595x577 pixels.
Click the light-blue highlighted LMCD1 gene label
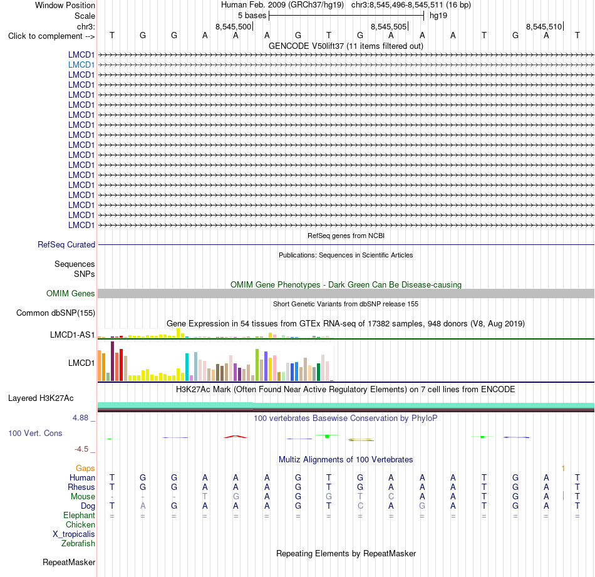[81, 65]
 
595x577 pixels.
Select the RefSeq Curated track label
[66, 244]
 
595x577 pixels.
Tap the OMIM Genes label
[71, 293]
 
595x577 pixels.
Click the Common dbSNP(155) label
[56, 313]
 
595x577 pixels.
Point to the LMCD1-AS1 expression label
[73, 335]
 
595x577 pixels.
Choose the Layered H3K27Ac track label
[41, 398]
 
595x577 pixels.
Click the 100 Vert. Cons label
[35, 433]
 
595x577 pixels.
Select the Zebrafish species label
[78, 544]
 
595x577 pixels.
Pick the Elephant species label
[80, 515]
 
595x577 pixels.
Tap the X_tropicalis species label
[74, 534]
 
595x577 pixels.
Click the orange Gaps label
[85, 469]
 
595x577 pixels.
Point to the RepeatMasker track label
[69, 562]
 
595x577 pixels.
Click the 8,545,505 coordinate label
[388, 26]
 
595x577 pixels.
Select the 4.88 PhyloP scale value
[80, 418]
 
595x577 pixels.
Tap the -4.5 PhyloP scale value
[81, 449]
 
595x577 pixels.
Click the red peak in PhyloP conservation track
[235, 437]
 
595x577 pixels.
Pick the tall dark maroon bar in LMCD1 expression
[112, 361]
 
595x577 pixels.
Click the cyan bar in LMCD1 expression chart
[187, 367]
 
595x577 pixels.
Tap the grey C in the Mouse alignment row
[391, 497]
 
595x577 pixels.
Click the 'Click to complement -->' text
[51, 36]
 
